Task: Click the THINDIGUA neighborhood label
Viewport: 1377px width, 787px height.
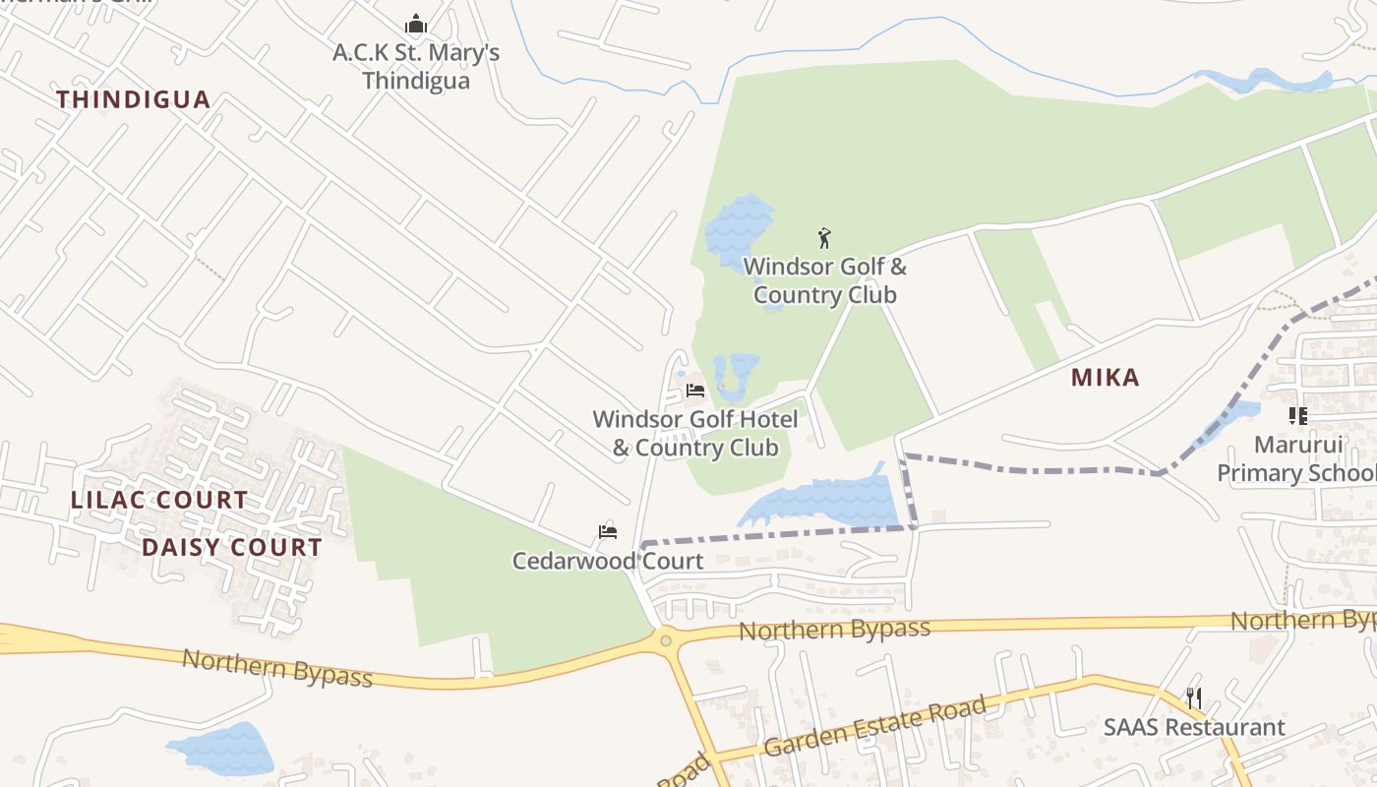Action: pos(133,99)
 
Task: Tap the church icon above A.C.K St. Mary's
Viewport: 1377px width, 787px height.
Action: pos(416,24)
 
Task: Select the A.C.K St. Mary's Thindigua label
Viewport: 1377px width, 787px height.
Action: pos(416,66)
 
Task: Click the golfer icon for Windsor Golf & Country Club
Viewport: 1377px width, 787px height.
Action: pos(824,238)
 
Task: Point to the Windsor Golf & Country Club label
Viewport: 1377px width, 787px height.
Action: pos(824,280)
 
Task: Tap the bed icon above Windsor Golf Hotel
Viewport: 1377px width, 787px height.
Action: pos(695,391)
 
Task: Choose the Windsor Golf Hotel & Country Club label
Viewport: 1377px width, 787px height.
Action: pos(695,433)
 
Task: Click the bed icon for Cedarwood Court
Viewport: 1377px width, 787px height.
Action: pos(608,532)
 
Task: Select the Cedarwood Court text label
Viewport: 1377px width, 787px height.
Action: pos(608,561)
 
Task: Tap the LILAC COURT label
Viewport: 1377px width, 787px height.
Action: pos(159,500)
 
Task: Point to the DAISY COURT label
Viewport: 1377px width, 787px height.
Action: pos(232,548)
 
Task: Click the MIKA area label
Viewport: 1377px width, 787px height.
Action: pos(1105,378)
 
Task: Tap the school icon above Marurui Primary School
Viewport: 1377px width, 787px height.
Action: pos(1298,416)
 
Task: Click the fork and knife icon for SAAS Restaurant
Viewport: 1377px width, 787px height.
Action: pos(1194,698)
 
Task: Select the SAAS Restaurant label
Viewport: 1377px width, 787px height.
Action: pos(1194,728)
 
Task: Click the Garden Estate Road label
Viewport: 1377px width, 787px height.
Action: pos(874,727)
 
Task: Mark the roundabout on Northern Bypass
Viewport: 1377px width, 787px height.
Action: pos(667,640)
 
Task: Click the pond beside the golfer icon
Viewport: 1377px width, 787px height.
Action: pos(738,226)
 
